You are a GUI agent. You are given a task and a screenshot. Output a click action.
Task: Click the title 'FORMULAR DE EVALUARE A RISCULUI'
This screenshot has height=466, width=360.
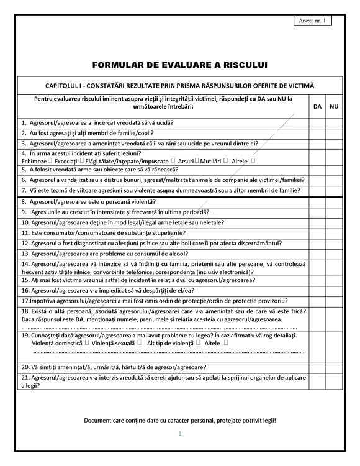coord(179,64)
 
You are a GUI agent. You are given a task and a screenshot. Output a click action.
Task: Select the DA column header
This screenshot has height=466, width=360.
coord(317,107)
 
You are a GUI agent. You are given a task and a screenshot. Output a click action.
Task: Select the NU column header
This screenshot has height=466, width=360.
coord(334,107)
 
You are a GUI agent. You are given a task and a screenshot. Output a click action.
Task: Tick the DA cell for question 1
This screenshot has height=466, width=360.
coord(317,123)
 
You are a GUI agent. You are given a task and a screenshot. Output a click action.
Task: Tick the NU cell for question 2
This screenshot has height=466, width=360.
coord(334,133)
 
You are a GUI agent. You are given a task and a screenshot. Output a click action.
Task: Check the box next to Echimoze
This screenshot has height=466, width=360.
coord(50,160)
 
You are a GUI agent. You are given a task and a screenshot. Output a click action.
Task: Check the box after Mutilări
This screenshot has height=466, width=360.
coord(226,160)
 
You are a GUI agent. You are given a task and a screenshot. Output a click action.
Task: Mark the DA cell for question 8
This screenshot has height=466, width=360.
coord(317,202)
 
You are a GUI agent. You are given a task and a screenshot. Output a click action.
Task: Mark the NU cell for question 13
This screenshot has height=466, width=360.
coord(334,254)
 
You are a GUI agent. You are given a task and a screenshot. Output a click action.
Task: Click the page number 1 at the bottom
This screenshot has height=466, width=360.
coord(179,433)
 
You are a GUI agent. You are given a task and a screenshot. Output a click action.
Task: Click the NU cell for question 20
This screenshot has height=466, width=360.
coord(334,367)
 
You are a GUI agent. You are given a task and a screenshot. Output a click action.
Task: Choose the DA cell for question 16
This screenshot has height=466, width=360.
coord(317,290)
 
